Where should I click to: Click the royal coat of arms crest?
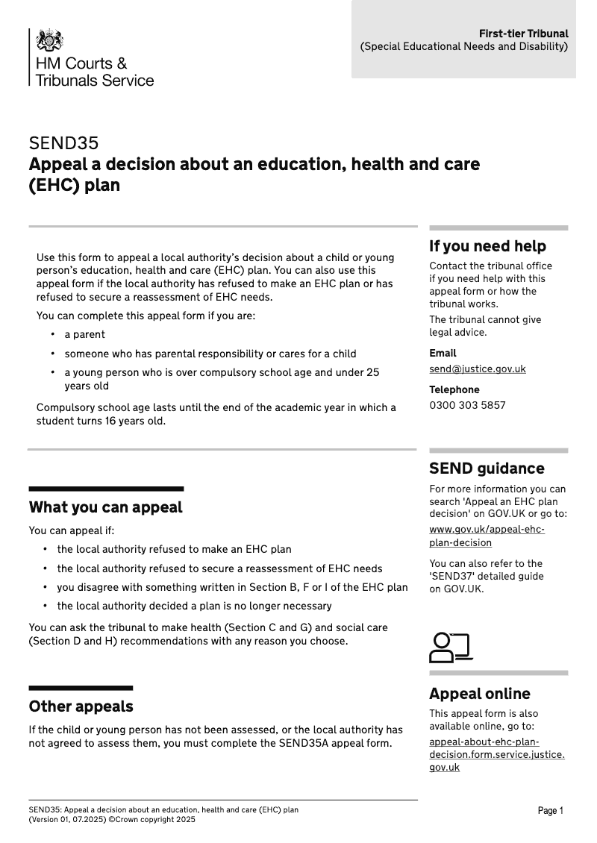[50, 40]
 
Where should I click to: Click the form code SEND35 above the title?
[63, 143]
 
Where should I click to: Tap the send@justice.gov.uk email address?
[477, 369]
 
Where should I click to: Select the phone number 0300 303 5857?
[467, 405]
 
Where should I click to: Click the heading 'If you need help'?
[487, 246]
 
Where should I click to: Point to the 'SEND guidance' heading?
[487, 468]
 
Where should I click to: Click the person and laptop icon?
[451, 648]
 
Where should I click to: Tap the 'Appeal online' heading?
[479, 694]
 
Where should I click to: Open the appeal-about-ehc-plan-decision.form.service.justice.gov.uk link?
[496, 754]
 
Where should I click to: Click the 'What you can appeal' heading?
[105, 507]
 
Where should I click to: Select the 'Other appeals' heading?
[81, 706]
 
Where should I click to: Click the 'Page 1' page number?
[551, 811]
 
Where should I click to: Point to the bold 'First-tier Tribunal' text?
[523, 34]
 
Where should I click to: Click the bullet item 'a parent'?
[84, 334]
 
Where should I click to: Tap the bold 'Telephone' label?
[454, 389]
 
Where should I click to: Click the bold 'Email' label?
[443, 353]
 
